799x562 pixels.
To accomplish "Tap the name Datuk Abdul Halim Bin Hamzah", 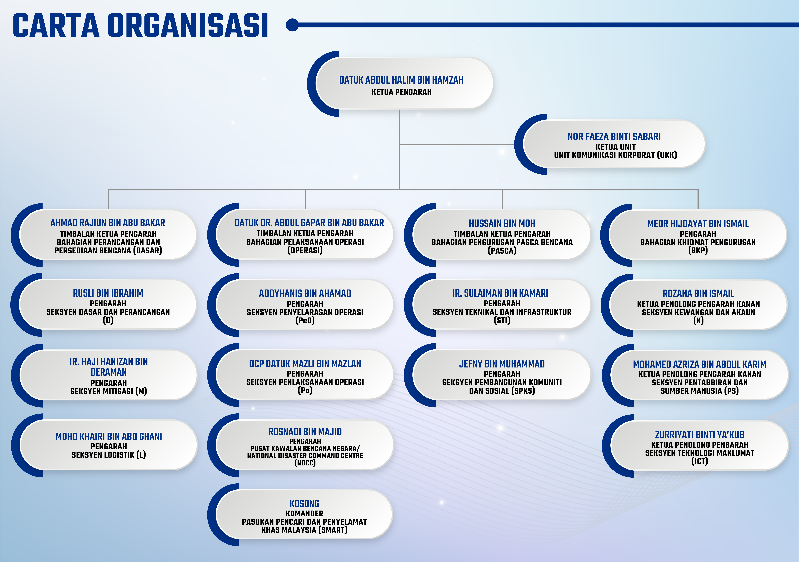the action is point(401,80).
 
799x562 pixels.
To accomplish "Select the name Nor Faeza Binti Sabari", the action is point(614,136).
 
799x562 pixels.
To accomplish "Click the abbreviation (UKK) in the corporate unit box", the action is point(667,155).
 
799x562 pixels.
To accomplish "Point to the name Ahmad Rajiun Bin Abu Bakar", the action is point(108,223).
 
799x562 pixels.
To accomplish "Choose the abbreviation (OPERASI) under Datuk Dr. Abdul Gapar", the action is point(305,250).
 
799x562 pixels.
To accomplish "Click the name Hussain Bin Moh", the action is point(502,223).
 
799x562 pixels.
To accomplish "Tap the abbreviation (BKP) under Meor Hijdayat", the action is point(698,250).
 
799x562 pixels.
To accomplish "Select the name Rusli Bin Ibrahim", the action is point(108,293).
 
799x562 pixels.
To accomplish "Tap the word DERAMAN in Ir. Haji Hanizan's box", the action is point(109,372).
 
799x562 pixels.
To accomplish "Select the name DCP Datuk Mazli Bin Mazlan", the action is point(305,364).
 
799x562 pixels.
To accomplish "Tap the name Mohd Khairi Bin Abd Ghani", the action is point(109,436).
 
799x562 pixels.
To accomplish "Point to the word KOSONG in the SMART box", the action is point(304,504).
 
